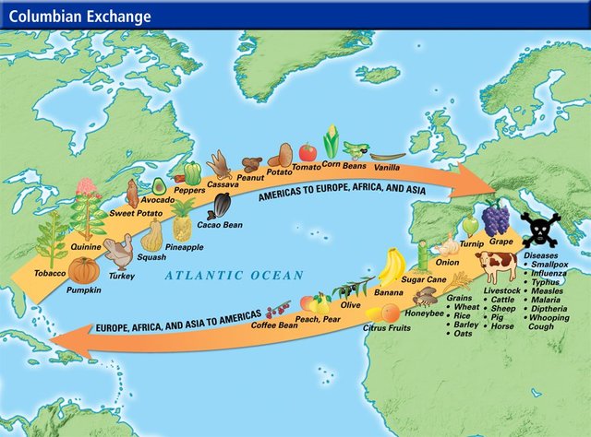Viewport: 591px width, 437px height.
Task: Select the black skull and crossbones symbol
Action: pos(538,229)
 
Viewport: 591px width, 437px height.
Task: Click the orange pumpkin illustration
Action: pos(83,271)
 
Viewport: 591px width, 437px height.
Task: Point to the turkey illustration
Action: pos(119,253)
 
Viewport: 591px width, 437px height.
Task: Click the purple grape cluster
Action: pos(497,219)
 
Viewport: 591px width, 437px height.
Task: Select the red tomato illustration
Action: pos(308,152)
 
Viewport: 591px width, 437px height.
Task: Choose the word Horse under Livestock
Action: pos(503,326)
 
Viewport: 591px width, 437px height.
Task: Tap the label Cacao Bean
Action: pos(220,224)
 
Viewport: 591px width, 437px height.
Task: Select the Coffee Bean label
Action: pos(274,325)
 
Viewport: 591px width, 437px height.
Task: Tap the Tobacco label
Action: pos(50,273)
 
